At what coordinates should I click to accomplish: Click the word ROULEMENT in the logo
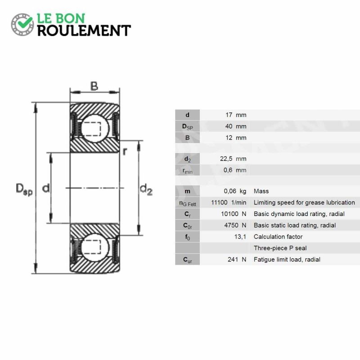point(84,31)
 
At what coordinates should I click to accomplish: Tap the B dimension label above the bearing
point(94,86)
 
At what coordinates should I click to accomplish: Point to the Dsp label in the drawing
point(24,189)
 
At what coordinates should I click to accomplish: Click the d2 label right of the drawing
point(146,189)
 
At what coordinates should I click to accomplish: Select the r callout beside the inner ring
point(125,152)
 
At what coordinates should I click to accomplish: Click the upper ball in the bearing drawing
point(95,129)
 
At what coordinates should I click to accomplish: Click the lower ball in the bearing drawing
point(95,247)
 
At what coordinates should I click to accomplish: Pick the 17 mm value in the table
point(236,115)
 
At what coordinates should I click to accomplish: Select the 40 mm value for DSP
point(236,126)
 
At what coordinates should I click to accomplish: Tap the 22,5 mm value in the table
point(233,159)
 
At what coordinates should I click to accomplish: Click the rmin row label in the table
point(188,171)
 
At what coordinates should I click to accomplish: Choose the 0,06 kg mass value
point(235,191)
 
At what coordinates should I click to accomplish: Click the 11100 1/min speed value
point(229,202)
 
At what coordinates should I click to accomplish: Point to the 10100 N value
point(234,214)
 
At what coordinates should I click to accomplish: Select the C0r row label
point(187,226)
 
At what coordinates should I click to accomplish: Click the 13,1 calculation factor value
point(240,237)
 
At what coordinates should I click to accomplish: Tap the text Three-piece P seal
point(280,248)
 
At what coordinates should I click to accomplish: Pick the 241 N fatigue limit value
point(237,260)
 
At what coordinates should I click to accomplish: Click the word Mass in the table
point(261,191)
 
